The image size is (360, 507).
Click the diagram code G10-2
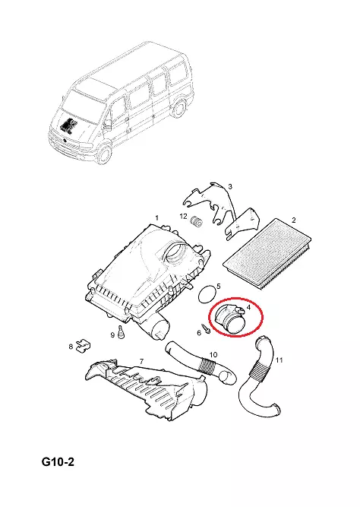[58, 461]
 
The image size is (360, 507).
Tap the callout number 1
[157, 217]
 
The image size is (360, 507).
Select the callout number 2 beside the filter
[293, 220]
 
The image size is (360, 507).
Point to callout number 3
[230, 186]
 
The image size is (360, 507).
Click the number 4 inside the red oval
[248, 307]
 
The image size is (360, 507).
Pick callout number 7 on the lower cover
[141, 361]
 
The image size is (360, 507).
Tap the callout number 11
[279, 360]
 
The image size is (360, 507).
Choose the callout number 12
[183, 216]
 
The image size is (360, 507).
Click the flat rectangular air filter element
[267, 251]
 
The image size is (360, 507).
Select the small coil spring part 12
[197, 222]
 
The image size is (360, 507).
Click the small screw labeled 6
[206, 328]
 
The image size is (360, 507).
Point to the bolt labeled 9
[122, 332]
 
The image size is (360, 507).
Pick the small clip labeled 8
[83, 345]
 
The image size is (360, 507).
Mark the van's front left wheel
[104, 154]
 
